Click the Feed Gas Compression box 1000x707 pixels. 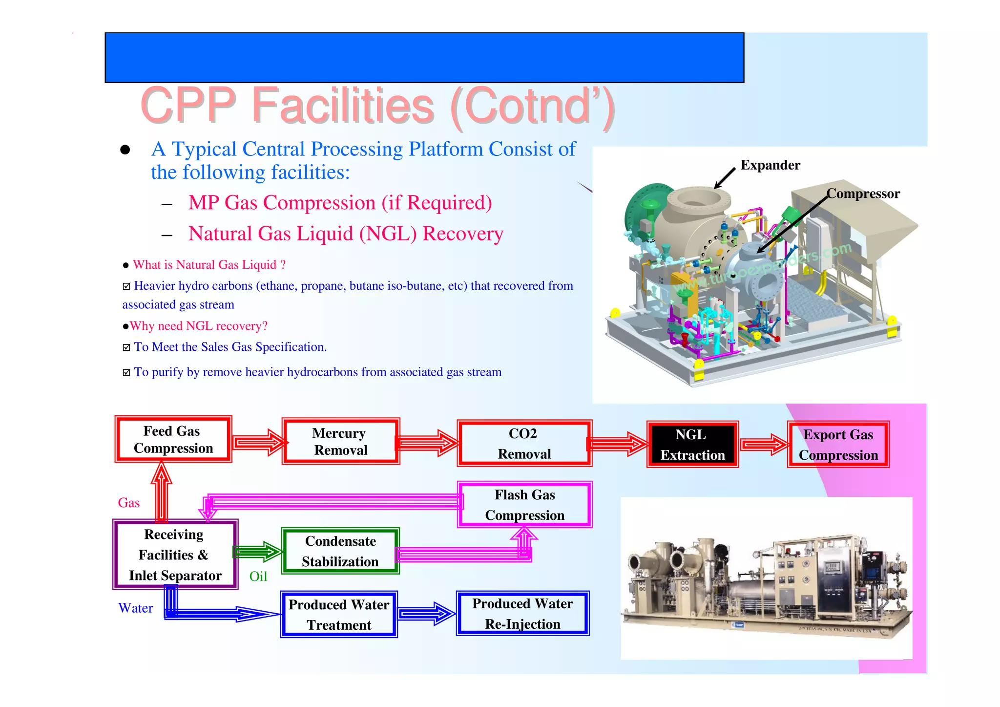(x=173, y=439)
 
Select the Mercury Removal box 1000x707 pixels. (x=341, y=441)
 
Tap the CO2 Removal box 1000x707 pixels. (x=524, y=443)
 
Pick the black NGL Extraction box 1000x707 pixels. (x=692, y=444)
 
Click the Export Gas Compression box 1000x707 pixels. (x=838, y=445)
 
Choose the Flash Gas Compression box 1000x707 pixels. (x=525, y=505)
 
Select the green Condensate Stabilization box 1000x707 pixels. (x=340, y=551)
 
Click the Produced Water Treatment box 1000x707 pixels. (x=339, y=615)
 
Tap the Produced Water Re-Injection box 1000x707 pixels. (x=522, y=614)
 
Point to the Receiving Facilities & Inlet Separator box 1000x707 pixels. (x=175, y=555)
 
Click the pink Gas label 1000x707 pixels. (x=129, y=503)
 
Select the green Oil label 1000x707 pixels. (x=258, y=577)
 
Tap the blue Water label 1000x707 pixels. (x=136, y=608)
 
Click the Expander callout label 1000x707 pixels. (x=770, y=165)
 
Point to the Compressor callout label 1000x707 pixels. (x=863, y=194)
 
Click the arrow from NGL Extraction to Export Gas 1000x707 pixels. (x=764, y=444)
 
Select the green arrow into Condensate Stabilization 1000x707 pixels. (x=258, y=552)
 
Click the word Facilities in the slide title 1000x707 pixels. (x=343, y=106)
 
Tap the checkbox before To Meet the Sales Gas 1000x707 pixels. (x=126, y=347)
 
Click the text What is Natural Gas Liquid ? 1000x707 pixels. (x=209, y=265)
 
